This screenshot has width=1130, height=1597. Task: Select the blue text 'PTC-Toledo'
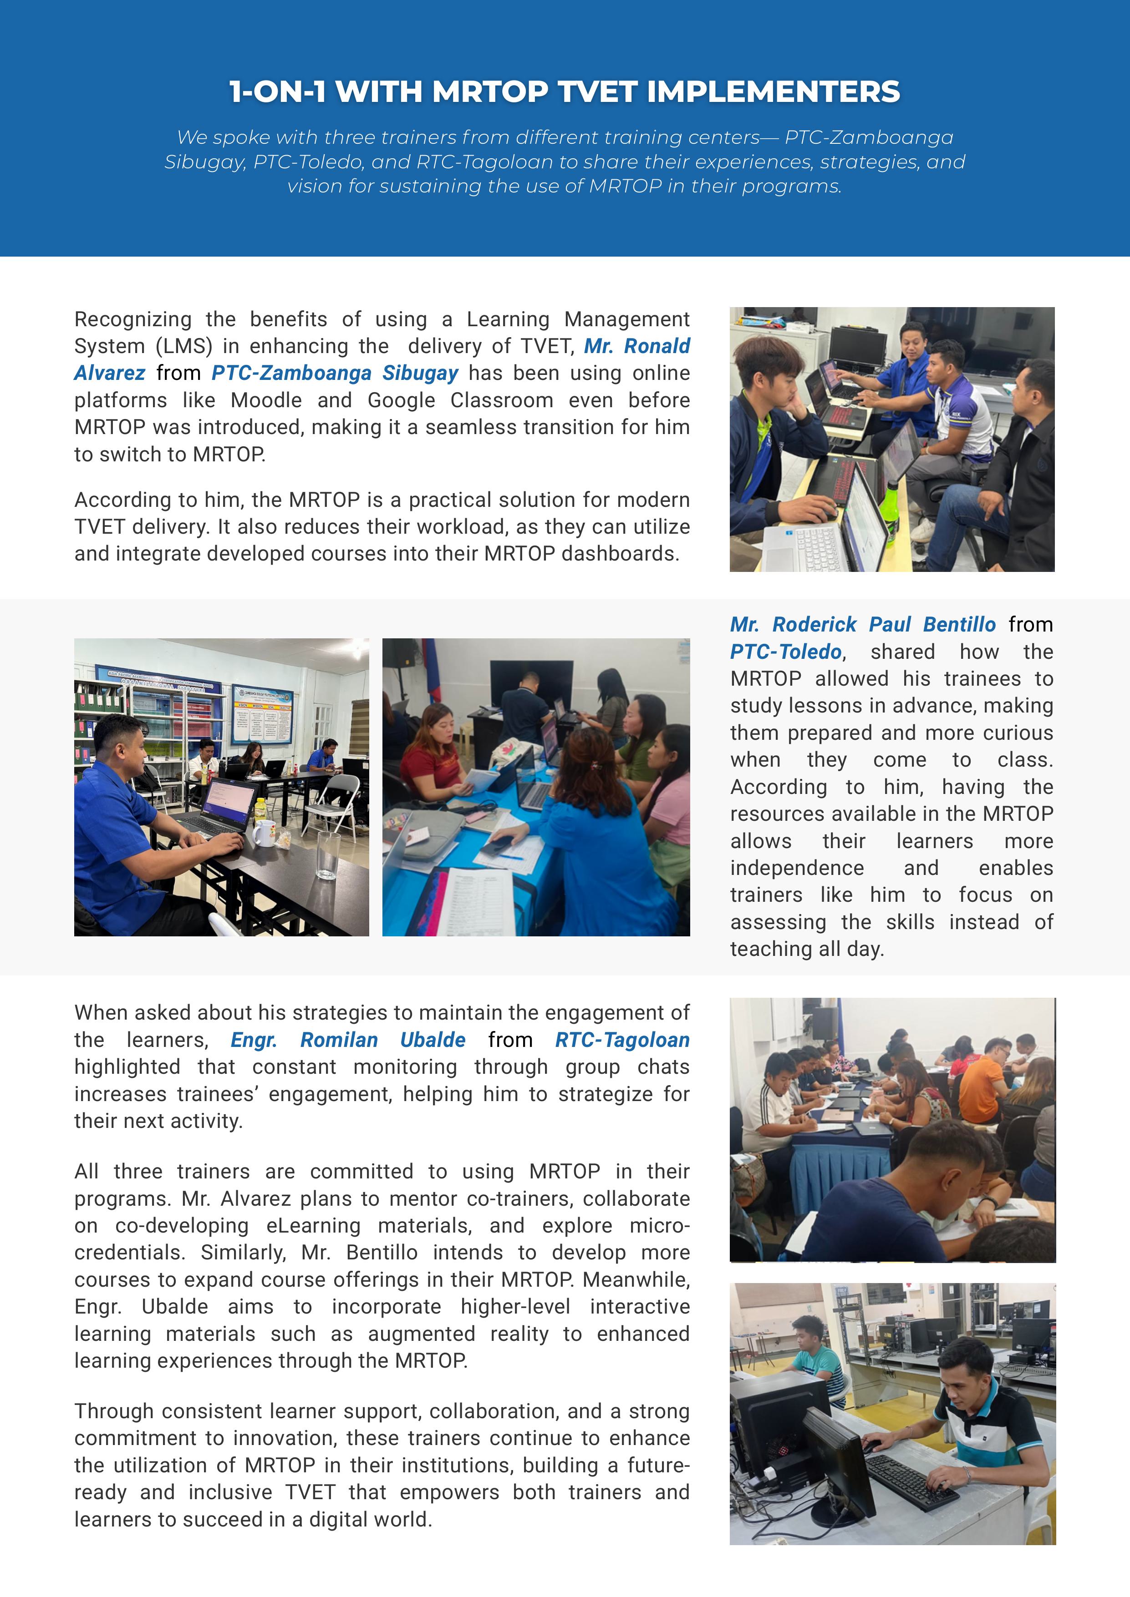785,652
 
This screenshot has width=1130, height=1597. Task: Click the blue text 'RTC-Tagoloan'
622,1039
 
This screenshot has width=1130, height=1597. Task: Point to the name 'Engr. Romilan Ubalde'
348,1039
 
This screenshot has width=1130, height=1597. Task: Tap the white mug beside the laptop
263,833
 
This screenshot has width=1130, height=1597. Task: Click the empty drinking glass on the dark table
328,855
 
